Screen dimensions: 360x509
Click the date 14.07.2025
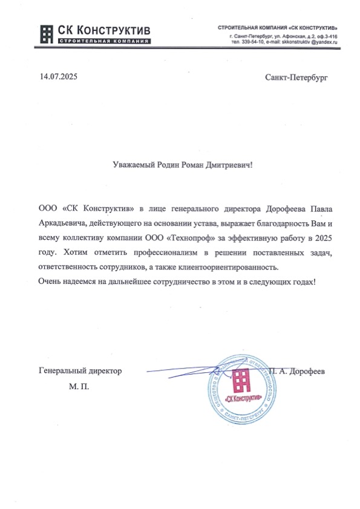pyautogui.click(x=59, y=77)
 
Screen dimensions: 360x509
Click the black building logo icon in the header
pyautogui.click(x=47, y=34)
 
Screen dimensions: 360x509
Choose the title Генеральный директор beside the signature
pyautogui.click(x=80, y=370)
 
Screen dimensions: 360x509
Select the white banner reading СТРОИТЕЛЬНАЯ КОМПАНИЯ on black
pyautogui.click(x=103, y=41)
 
